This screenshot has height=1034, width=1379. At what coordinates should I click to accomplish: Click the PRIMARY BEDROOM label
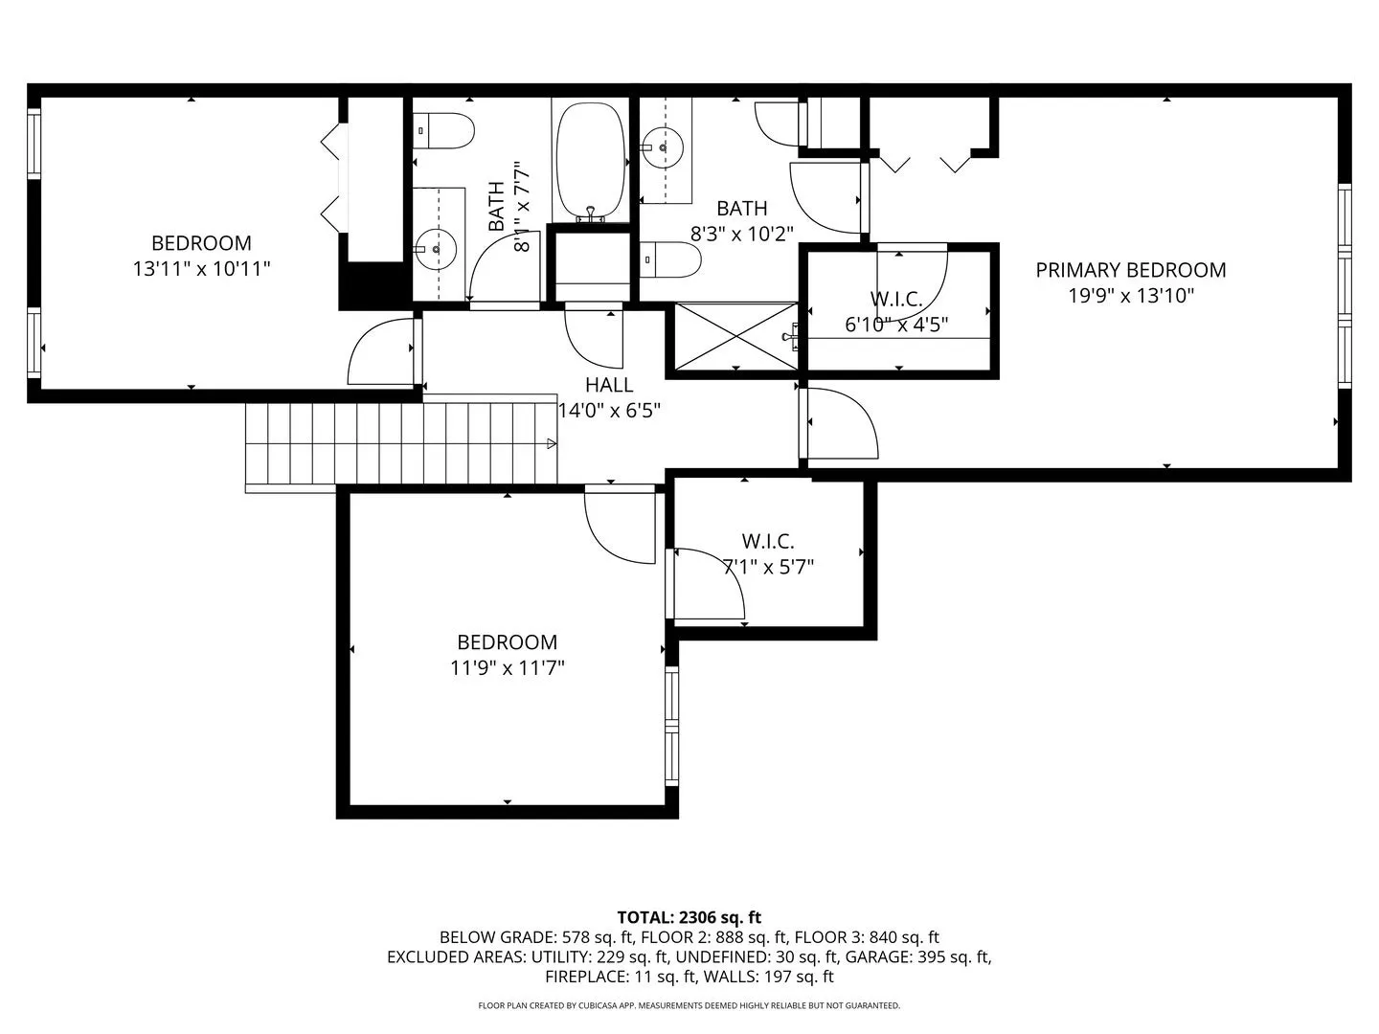1130,270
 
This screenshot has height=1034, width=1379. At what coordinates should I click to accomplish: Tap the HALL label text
609,384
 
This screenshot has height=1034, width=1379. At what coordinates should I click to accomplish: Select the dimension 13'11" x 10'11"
201,269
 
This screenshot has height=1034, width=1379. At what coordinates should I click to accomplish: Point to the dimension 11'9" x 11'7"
507,667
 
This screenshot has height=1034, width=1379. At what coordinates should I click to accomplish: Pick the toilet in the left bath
443,130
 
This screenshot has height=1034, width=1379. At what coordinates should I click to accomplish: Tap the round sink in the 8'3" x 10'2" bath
663,148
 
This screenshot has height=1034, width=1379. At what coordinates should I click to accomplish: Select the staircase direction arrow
551,444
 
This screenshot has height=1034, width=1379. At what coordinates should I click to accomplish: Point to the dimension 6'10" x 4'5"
896,325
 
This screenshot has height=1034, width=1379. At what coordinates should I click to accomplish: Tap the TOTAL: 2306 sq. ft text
689,917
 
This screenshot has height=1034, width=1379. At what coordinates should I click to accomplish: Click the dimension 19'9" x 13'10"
1131,295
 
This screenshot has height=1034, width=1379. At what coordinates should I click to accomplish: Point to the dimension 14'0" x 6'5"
609,411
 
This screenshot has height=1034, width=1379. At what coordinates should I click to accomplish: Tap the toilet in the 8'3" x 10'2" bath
671,259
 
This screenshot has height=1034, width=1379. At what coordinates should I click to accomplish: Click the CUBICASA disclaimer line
689,1005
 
